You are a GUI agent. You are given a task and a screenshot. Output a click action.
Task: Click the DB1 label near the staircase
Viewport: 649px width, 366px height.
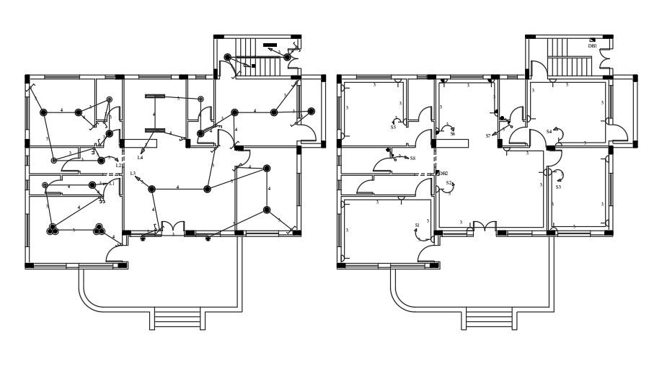click(x=592, y=46)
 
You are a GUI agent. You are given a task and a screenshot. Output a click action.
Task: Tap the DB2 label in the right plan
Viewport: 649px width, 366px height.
click(x=443, y=174)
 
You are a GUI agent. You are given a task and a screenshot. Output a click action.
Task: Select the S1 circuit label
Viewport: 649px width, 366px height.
click(x=417, y=226)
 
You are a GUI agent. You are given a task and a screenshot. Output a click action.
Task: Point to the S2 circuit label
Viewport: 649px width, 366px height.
click(x=449, y=183)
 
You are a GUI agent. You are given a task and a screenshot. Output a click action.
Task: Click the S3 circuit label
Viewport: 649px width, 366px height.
click(x=557, y=187)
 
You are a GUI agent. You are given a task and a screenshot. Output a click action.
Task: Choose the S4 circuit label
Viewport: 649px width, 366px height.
click(x=549, y=132)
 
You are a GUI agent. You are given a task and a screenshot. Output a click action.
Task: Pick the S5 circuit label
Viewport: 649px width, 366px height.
click(x=393, y=128)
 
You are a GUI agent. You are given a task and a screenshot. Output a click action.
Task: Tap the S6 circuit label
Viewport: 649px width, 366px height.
click(x=453, y=134)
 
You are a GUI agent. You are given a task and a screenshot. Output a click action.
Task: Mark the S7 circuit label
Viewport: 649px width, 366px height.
click(x=488, y=135)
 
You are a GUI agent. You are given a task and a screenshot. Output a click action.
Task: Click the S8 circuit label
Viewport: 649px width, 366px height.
click(x=412, y=158)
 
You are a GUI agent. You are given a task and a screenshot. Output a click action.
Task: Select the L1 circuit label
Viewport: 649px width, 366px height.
click(x=112, y=184)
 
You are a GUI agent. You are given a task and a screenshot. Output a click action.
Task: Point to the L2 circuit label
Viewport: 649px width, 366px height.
click(x=118, y=166)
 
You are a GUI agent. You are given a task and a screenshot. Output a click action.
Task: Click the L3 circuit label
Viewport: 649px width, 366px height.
click(x=133, y=174)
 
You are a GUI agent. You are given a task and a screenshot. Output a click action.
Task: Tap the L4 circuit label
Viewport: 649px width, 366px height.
click(x=140, y=158)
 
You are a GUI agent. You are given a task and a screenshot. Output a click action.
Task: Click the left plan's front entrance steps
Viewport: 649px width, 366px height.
click(x=177, y=318)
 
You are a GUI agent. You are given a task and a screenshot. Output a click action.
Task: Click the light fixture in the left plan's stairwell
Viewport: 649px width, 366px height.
click(x=228, y=57)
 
